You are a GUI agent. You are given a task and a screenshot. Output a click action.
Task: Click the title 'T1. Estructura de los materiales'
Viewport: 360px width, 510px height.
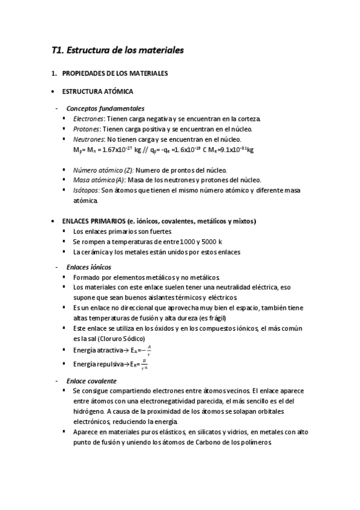(x=117, y=51)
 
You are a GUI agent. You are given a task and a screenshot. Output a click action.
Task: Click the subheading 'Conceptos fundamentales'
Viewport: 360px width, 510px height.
(x=105, y=109)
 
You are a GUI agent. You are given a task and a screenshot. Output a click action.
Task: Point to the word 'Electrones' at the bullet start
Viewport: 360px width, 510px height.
(x=84, y=119)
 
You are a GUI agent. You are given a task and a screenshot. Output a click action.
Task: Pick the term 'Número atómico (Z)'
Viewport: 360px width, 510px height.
(x=99, y=170)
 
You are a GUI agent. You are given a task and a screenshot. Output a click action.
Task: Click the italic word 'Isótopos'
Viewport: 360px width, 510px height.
(x=86, y=190)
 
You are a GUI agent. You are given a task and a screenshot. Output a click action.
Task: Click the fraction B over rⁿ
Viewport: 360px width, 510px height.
(x=144, y=364)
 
